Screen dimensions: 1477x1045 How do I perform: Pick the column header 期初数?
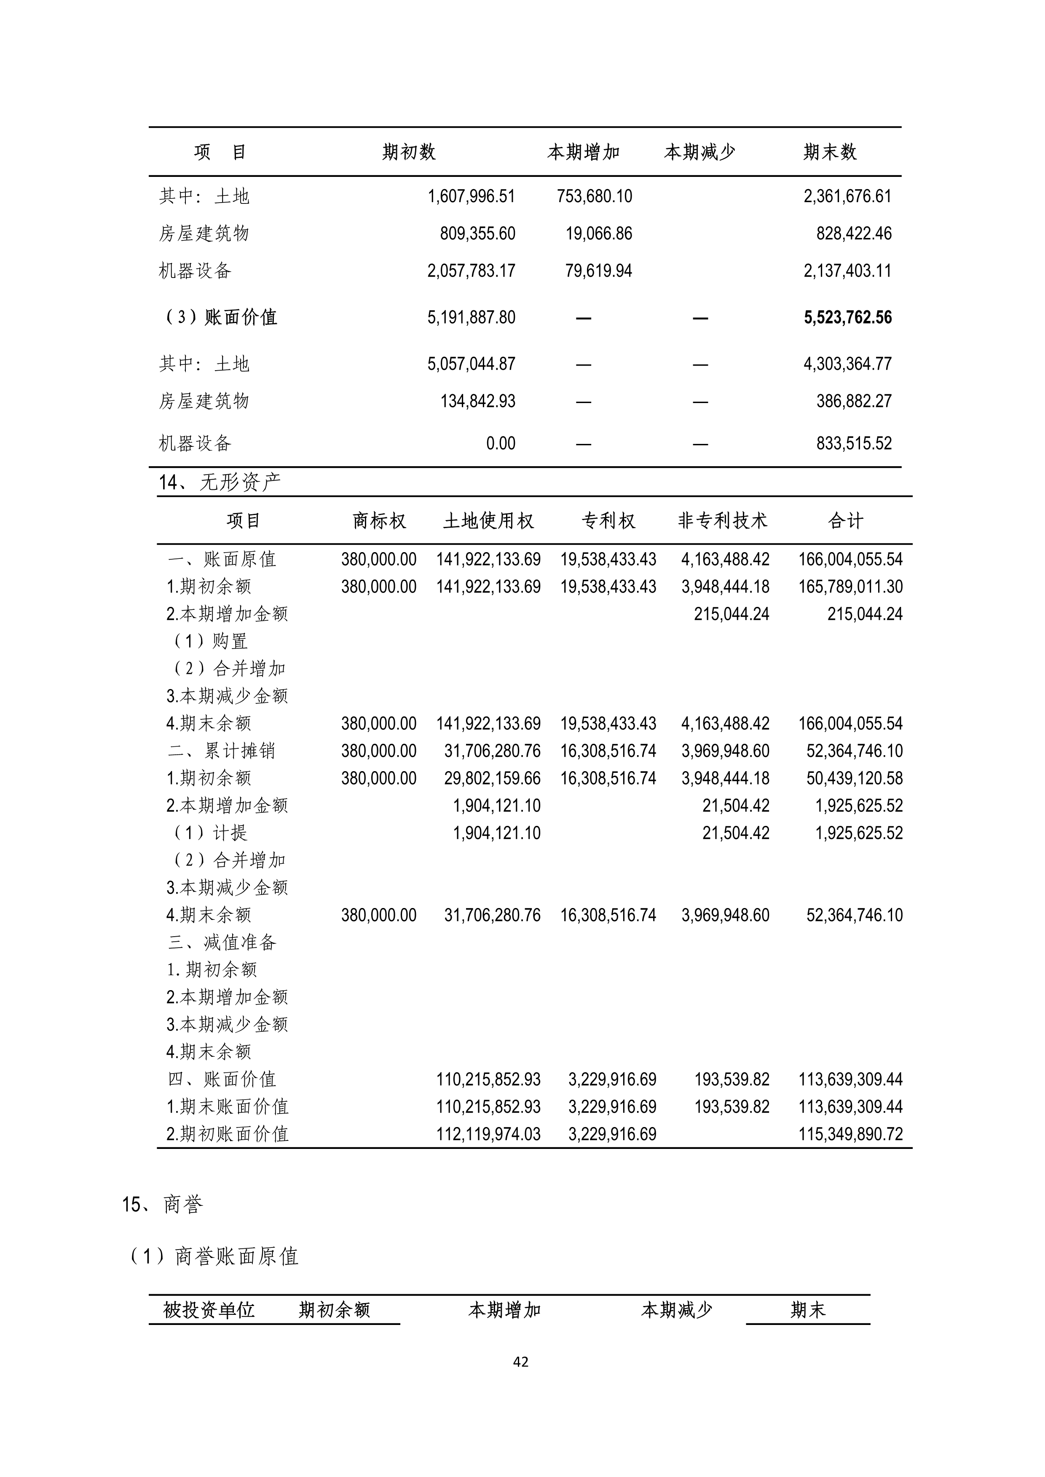click(409, 152)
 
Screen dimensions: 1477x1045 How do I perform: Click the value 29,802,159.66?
click(492, 778)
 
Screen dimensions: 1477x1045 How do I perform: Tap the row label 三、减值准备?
click(222, 943)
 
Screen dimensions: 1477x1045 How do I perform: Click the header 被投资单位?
click(209, 1310)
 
